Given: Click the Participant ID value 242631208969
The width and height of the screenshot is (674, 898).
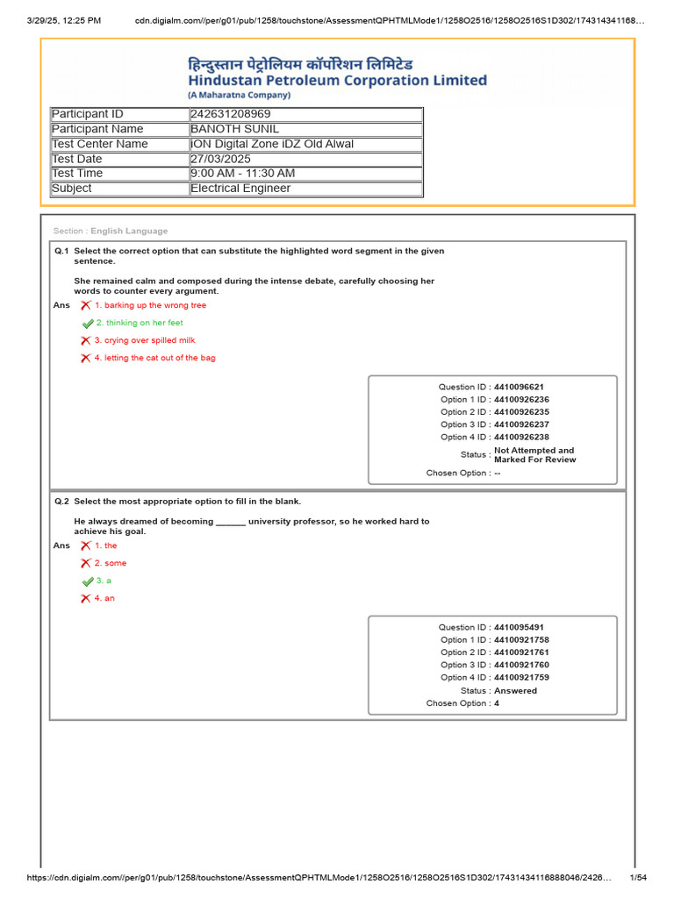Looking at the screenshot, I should click(x=231, y=114).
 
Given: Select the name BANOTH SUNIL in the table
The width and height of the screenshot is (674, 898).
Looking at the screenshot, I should click(x=234, y=129).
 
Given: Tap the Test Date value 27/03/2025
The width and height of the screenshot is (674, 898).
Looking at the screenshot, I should click(x=220, y=159).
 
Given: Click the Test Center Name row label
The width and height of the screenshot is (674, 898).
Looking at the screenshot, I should click(x=100, y=144).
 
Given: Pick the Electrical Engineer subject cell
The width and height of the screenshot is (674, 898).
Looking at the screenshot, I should click(x=240, y=189).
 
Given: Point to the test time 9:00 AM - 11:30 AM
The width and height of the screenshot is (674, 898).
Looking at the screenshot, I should click(x=242, y=174).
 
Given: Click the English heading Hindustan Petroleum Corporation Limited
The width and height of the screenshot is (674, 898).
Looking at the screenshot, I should click(x=337, y=81).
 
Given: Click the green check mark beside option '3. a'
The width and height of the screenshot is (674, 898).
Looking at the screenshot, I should click(x=87, y=581).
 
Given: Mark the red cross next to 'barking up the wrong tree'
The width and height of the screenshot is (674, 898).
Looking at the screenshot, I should click(x=85, y=305).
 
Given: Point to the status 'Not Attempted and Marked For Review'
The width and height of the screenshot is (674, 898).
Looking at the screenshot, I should click(x=534, y=455).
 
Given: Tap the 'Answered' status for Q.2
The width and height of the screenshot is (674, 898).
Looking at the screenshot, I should click(x=515, y=691).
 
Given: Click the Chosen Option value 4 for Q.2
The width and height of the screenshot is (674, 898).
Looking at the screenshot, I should click(x=497, y=703).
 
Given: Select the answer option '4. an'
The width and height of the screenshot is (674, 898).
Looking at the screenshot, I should click(x=104, y=598).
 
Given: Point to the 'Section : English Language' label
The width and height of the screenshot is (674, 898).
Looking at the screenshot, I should click(x=111, y=231).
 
